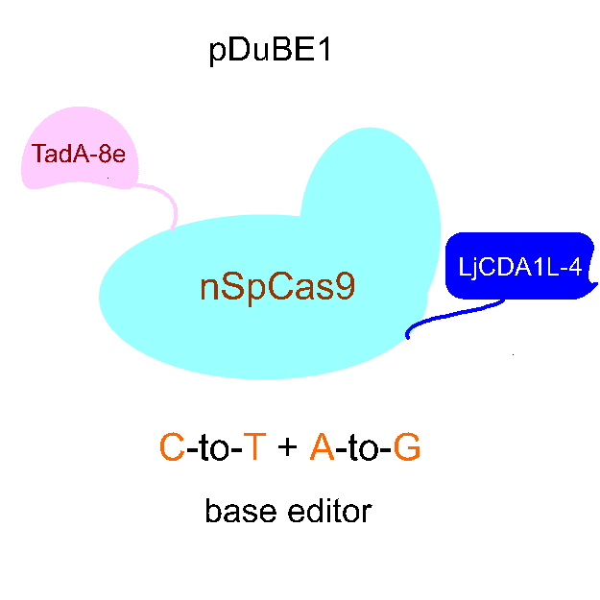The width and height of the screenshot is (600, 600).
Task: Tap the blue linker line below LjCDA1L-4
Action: click(451, 317)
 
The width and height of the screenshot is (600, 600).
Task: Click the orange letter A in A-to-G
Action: click(322, 446)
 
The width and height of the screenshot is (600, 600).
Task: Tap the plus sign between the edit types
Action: click(287, 448)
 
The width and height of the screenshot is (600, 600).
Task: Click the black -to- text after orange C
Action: click(213, 446)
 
